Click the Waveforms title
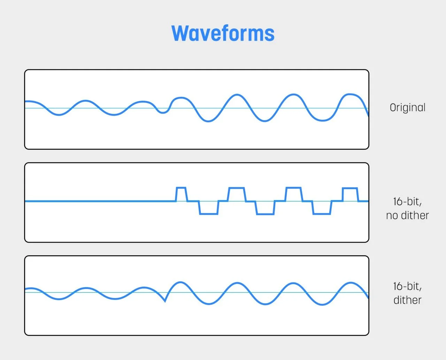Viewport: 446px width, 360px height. point(223,33)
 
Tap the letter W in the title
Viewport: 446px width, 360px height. point(180,33)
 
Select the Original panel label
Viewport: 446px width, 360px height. point(407,108)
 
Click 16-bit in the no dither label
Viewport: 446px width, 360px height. point(407,201)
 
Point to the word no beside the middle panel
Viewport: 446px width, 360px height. point(392,215)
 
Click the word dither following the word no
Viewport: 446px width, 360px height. point(415,215)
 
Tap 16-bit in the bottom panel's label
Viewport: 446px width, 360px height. point(407,286)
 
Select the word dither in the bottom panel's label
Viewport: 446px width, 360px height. point(407,300)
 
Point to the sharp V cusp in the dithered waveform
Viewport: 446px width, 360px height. point(165,301)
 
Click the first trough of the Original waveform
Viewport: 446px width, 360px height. point(59,115)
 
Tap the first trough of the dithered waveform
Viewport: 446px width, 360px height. point(59,299)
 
